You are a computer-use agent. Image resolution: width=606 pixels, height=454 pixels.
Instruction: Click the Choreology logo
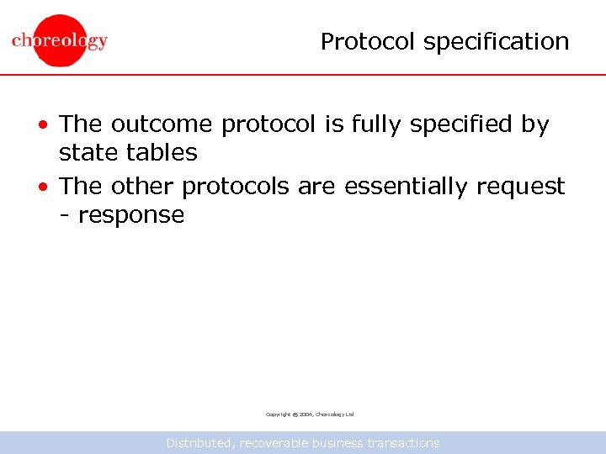(x=60, y=40)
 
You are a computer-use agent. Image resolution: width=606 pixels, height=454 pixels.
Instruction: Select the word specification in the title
(x=497, y=41)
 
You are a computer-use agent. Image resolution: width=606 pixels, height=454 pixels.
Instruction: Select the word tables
(x=162, y=153)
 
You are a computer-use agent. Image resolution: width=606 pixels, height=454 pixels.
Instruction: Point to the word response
(x=130, y=216)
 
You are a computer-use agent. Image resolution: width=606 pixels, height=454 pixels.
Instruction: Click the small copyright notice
(x=310, y=414)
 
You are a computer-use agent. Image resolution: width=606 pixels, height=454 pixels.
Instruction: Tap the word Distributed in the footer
(x=200, y=442)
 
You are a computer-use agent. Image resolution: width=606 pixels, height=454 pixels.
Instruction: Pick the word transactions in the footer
(x=403, y=442)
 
